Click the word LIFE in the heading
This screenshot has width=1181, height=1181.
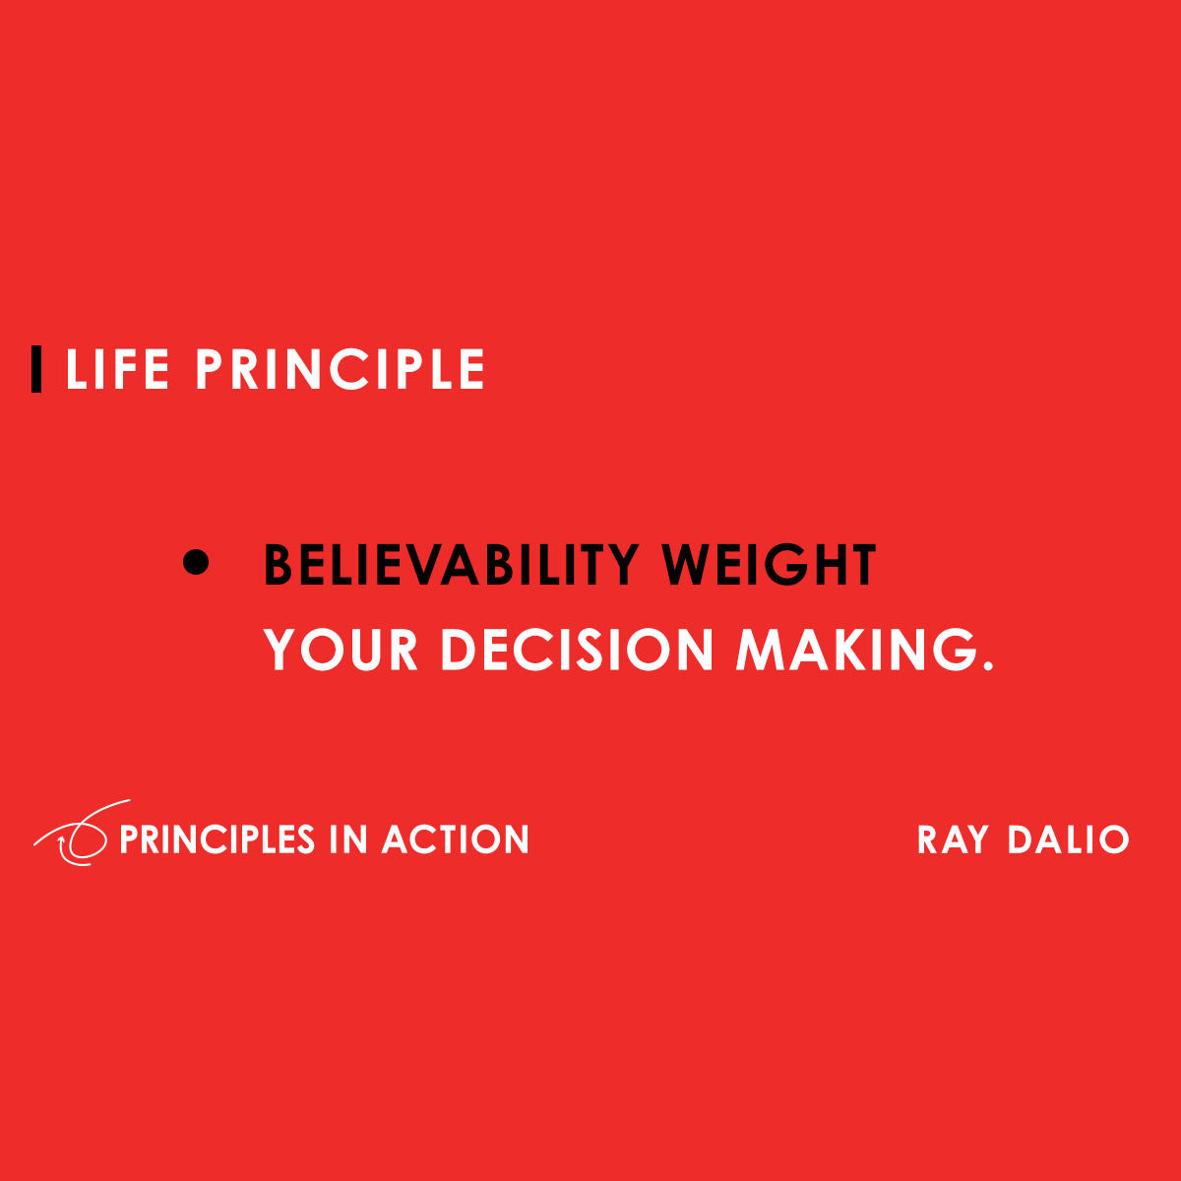pyautogui.click(x=117, y=370)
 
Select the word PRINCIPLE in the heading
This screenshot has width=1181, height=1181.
pyautogui.click(x=340, y=370)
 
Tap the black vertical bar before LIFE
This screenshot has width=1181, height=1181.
pyautogui.click(x=36, y=369)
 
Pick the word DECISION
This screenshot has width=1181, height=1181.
pyautogui.click(x=577, y=650)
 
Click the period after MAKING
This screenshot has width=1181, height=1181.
pyautogui.click(x=987, y=666)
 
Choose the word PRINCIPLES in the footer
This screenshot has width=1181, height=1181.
pyautogui.click(x=217, y=839)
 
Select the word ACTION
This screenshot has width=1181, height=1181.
pyautogui.click(x=456, y=839)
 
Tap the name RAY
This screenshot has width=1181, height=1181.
pyautogui.click(x=953, y=839)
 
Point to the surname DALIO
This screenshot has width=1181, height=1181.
pyautogui.click(x=1068, y=839)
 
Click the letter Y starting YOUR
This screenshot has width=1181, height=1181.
pyautogui.click(x=281, y=650)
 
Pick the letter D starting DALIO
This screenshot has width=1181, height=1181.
pyautogui.click(x=1023, y=839)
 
